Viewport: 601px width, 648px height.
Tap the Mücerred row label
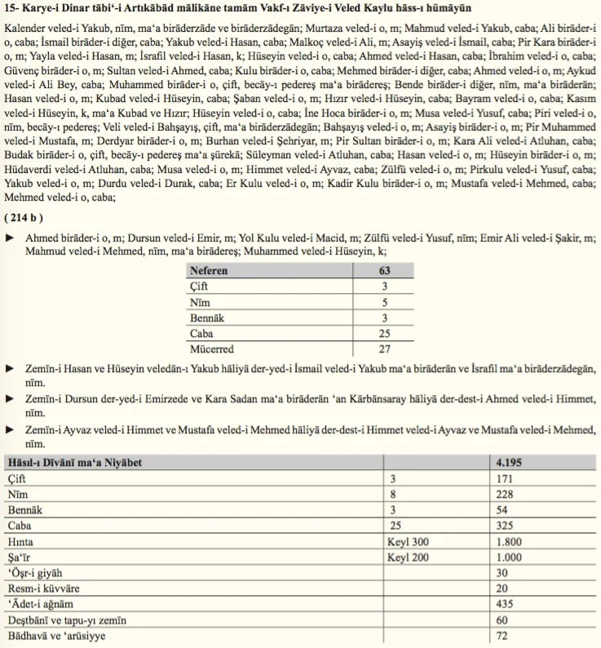pyautogui.click(x=214, y=348)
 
